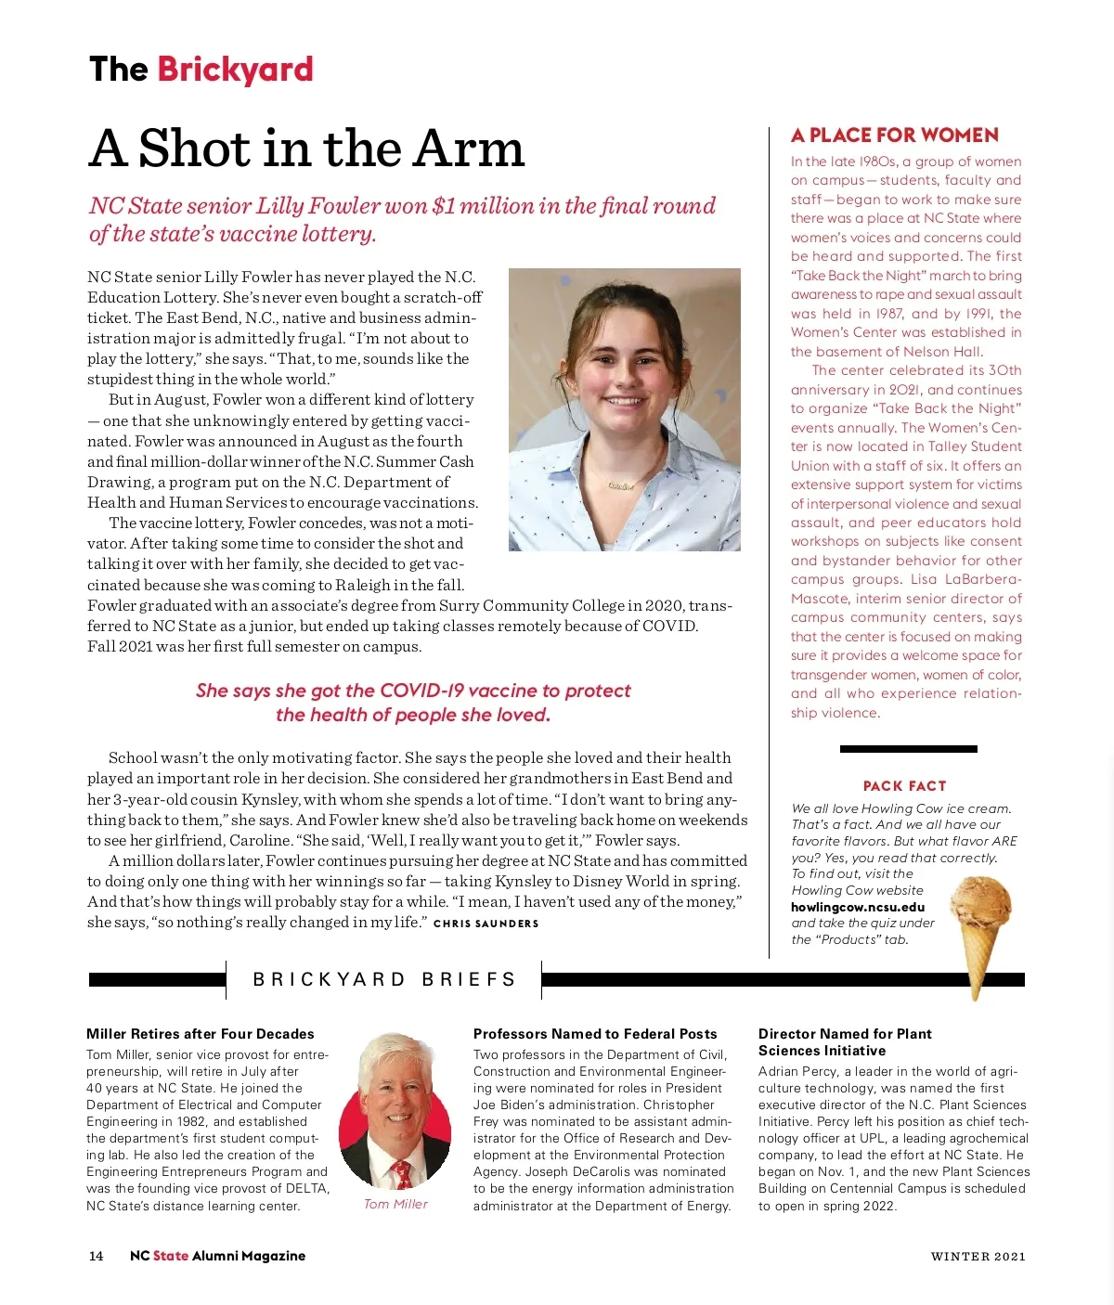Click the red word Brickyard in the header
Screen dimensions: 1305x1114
click(x=235, y=70)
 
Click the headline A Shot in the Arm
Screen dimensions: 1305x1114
click(x=306, y=149)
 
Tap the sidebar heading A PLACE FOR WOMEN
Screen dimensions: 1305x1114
click(x=894, y=136)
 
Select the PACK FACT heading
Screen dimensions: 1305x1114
click(x=904, y=786)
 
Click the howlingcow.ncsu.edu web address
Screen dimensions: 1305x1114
click(x=857, y=907)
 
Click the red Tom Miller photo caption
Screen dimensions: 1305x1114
click(x=395, y=1204)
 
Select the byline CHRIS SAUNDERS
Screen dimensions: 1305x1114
click(x=486, y=924)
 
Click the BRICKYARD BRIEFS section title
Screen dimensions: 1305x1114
click(x=384, y=979)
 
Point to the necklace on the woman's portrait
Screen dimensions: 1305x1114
click(x=620, y=485)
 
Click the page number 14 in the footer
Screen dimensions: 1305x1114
click(x=96, y=1256)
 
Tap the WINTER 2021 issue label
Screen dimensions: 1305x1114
click(x=978, y=1257)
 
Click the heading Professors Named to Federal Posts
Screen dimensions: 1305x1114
click(x=595, y=1034)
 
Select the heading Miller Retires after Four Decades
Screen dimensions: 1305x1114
click(x=200, y=1034)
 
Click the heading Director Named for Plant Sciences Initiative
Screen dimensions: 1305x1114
click(x=844, y=1042)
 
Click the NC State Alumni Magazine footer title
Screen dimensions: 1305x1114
click(x=217, y=1256)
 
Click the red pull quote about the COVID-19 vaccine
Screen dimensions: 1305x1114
click(x=413, y=703)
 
